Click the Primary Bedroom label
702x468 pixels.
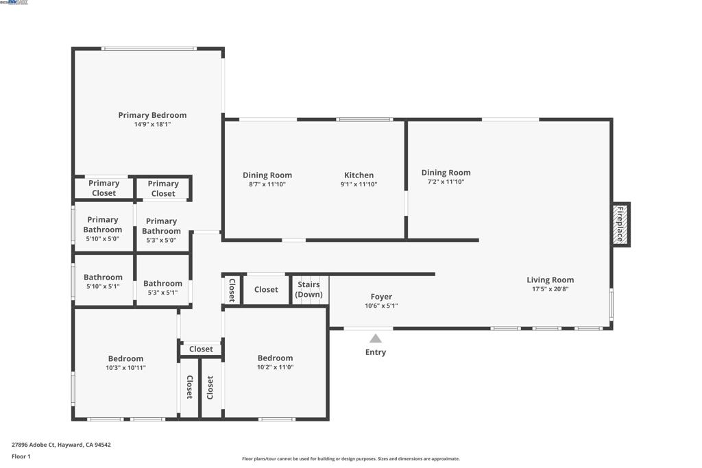click(x=152, y=115)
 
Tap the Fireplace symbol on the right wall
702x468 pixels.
click(x=620, y=224)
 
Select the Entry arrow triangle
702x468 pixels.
click(x=376, y=338)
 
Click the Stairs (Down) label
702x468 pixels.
click(x=308, y=289)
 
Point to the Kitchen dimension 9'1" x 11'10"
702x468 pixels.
click(x=359, y=184)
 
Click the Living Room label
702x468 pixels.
click(x=550, y=280)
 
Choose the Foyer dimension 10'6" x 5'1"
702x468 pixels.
click(x=381, y=306)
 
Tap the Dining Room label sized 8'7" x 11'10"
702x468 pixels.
click(x=267, y=175)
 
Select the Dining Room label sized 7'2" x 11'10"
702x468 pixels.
click(x=446, y=173)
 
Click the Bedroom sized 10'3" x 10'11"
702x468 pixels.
click(x=125, y=358)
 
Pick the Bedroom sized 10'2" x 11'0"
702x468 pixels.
click(x=275, y=358)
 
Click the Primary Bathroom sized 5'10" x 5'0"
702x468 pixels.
click(x=103, y=225)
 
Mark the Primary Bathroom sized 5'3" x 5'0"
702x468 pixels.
click(x=162, y=226)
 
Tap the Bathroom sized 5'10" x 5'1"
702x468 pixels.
click(x=103, y=278)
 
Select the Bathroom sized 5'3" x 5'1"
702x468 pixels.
click(x=162, y=283)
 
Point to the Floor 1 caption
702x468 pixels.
click(x=21, y=456)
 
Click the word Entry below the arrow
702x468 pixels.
click(x=376, y=352)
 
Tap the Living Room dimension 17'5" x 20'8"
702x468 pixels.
click(x=550, y=289)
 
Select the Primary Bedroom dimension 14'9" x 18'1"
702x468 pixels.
click(x=152, y=125)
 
